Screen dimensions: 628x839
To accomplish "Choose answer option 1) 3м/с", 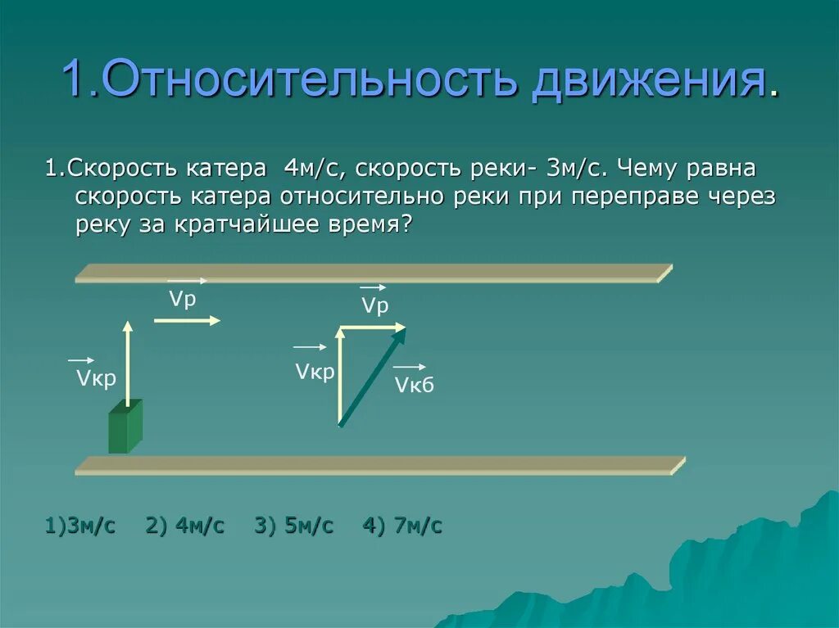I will click(x=80, y=526).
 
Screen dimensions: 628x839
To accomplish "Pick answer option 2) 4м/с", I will click(x=185, y=526).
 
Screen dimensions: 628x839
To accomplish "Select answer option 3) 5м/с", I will click(x=294, y=526).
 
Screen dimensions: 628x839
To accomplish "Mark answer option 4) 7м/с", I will click(x=402, y=526).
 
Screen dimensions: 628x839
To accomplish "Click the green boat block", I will click(x=125, y=427).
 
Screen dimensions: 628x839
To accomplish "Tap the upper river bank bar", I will click(x=373, y=273).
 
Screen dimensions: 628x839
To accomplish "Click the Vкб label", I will click(x=413, y=386).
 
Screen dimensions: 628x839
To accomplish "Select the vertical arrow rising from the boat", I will click(x=128, y=360).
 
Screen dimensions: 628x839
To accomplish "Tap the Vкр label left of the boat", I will click(x=96, y=378).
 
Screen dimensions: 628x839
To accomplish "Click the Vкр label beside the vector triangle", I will click(x=315, y=373).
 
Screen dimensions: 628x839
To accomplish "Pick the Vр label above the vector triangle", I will click(x=374, y=306).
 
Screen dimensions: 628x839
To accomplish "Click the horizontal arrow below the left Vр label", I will click(x=187, y=320).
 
